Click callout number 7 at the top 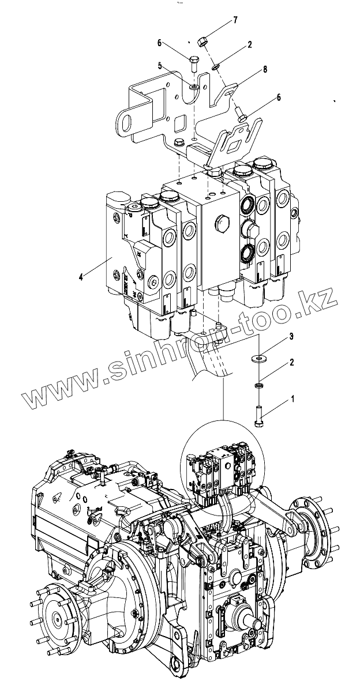tap(235, 20)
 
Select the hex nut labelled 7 tap(202, 42)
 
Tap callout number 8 tap(265, 69)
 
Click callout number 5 tap(162, 66)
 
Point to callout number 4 tap(81, 277)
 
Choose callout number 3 tap(292, 335)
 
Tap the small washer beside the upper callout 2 tap(215, 66)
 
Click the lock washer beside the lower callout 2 tap(258, 385)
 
